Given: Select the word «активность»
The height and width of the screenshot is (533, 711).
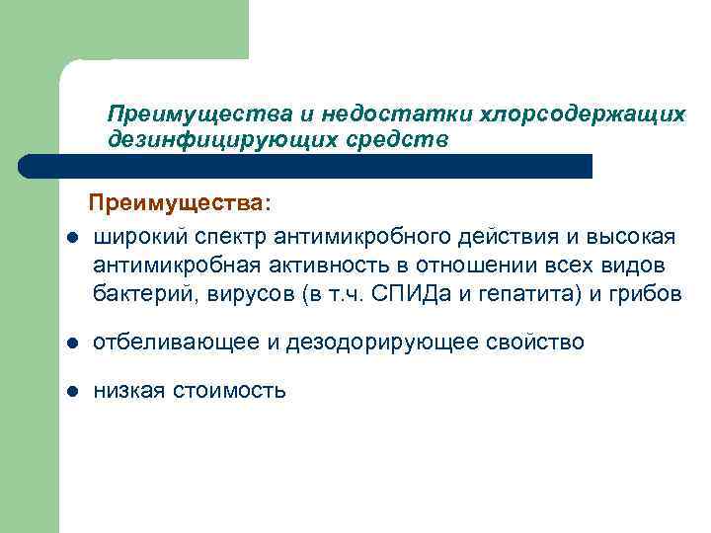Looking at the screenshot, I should (x=316, y=266).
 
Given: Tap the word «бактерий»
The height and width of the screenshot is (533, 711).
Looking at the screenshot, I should (x=137, y=294).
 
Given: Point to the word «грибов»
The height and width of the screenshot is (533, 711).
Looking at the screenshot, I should (x=646, y=294).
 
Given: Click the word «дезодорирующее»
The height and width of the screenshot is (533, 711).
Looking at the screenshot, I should (x=375, y=343).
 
